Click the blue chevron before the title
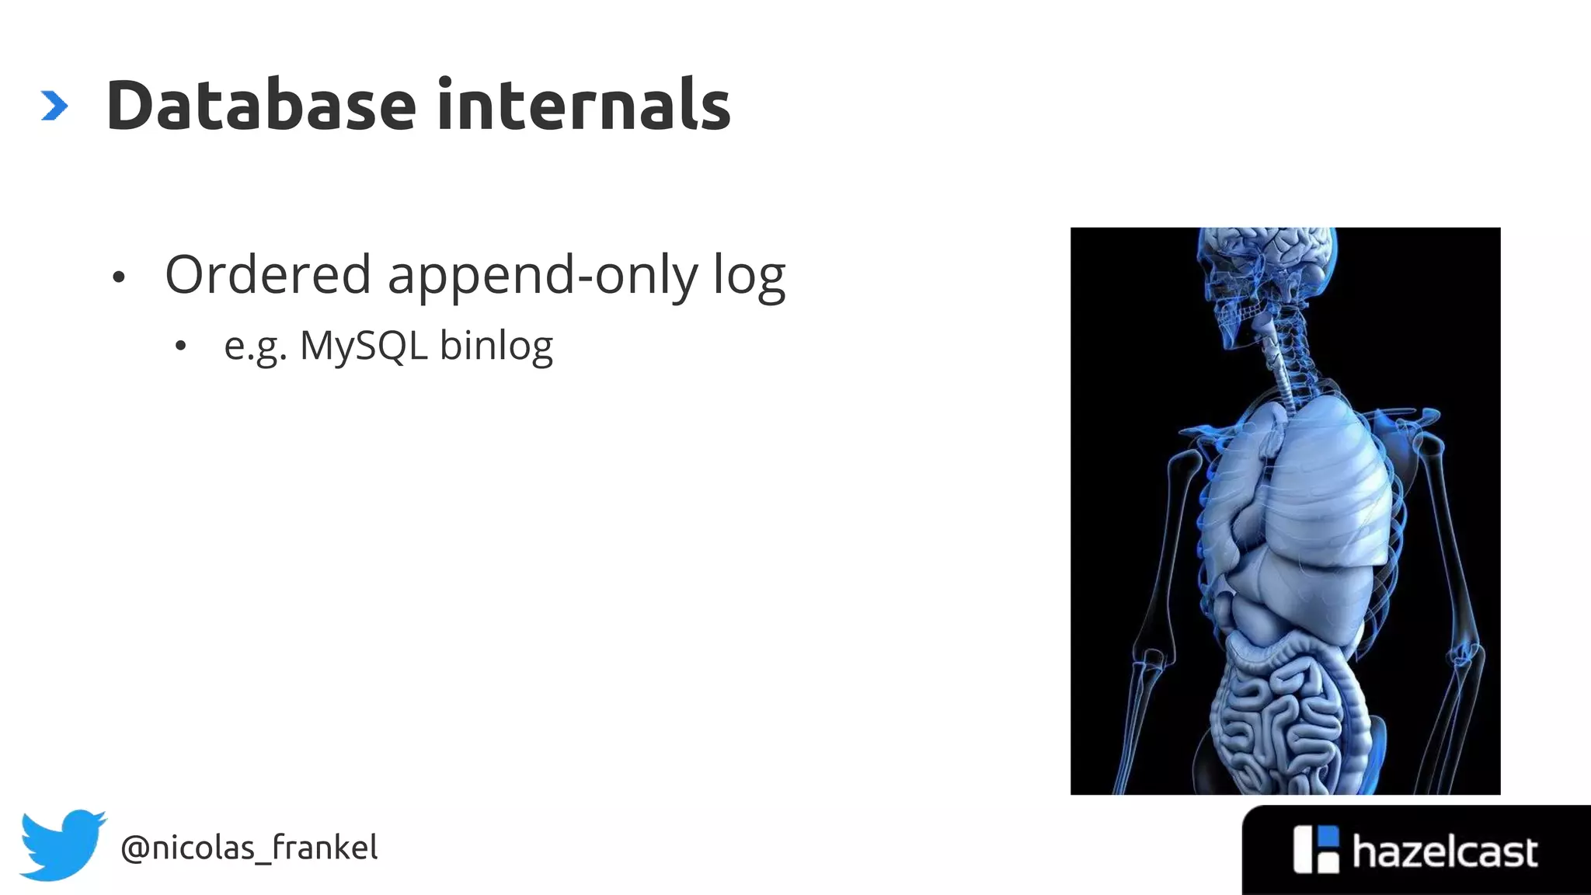pos(54,106)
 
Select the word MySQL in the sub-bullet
pos(364,346)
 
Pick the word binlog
pos(496,347)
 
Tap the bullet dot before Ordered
pos(118,277)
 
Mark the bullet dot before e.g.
pos(180,347)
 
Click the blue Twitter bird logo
pos(62,845)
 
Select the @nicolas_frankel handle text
pos(249,848)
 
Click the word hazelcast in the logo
pos(1444,851)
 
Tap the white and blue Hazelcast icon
pos(1316,849)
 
